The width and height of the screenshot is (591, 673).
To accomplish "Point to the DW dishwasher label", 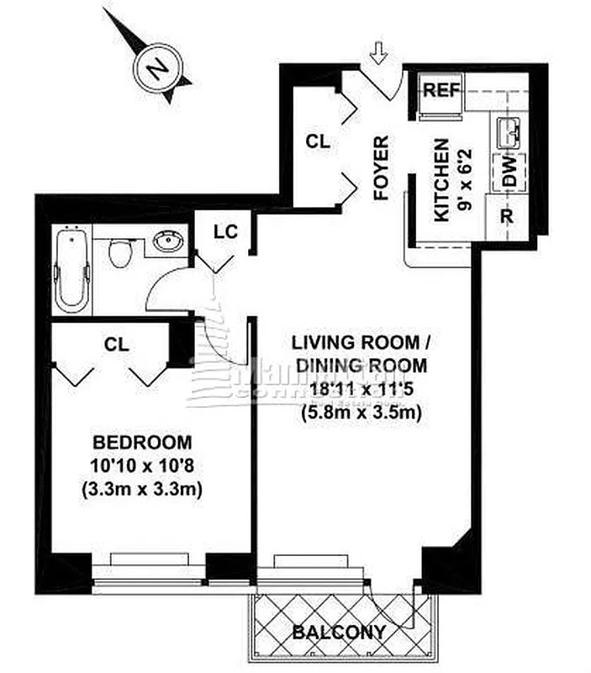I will [509, 176].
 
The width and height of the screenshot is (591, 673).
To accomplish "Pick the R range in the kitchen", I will [507, 215].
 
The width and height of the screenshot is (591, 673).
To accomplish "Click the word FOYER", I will [382, 167].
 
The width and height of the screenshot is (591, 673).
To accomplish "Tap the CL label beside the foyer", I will [318, 142].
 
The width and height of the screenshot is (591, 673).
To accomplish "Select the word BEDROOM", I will [142, 442].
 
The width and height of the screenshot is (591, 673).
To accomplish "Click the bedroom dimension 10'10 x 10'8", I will [142, 466].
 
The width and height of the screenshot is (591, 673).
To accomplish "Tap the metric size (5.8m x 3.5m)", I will [361, 413].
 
